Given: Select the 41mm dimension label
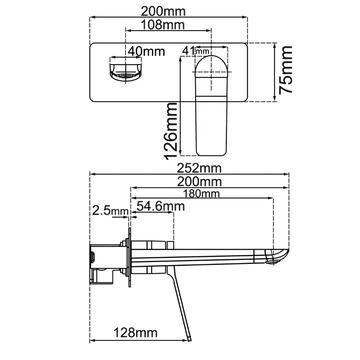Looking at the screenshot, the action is click(x=194, y=47).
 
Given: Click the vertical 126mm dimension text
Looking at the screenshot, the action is click(x=171, y=133).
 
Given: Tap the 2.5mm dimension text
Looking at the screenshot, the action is click(x=108, y=211).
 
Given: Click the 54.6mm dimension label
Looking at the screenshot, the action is click(x=159, y=205).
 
